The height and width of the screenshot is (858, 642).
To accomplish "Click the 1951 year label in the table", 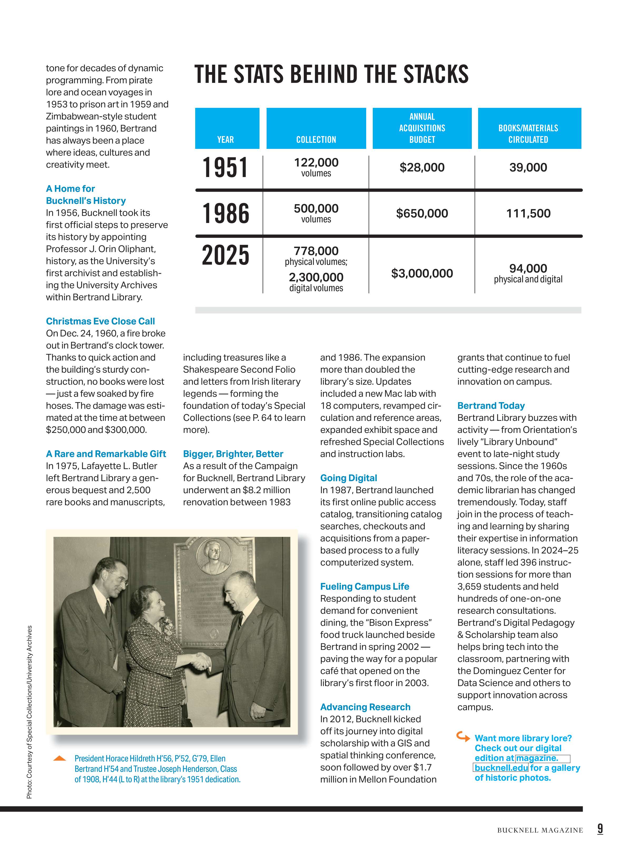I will [x=225, y=168].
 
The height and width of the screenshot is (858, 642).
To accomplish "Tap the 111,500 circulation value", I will [x=528, y=213].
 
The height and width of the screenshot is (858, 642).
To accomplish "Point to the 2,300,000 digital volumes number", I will [x=316, y=277].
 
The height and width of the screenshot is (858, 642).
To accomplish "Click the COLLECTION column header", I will [x=316, y=140].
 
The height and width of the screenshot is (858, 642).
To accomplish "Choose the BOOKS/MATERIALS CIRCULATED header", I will [x=528, y=134].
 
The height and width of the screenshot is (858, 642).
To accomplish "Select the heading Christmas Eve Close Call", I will [x=100, y=321].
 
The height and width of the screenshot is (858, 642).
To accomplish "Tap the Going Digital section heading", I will [x=348, y=478].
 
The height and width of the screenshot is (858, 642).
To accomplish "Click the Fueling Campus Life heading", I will [x=364, y=587].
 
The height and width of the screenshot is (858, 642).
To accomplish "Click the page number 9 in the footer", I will [x=600, y=829].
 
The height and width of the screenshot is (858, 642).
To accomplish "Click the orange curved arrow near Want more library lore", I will [x=463, y=736].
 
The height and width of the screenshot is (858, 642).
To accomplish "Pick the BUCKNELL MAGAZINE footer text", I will [x=540, y=830].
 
